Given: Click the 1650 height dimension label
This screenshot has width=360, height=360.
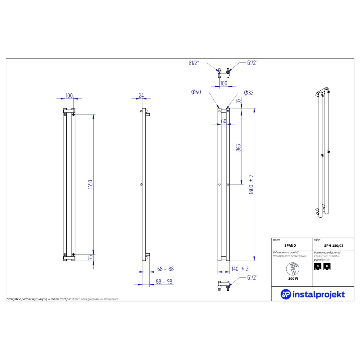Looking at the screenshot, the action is click(90, 184).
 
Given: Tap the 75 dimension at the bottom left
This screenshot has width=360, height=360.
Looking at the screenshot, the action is click(90, 258).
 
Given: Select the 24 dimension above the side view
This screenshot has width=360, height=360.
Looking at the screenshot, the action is click(141, 95).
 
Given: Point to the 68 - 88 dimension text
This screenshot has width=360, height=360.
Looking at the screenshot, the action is click(165, 269).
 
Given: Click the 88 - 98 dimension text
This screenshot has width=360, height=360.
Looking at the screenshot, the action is click(164, 282).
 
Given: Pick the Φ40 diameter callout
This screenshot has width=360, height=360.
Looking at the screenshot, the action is click(196, 92).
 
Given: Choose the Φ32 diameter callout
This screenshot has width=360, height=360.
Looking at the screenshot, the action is click(248, 93).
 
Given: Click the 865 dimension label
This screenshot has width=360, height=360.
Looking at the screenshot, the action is click(238, 148).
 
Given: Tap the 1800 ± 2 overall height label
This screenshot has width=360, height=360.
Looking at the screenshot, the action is click(251, 184).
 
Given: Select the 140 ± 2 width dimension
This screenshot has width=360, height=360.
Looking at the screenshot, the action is click(240, 269).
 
